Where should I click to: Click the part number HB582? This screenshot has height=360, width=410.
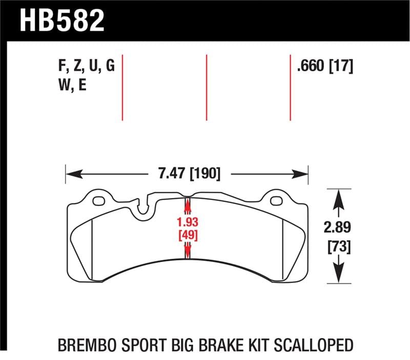tap(62, 20)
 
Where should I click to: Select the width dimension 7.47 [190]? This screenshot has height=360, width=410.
tap(187, 174)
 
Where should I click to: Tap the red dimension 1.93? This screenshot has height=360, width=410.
tap(187, 223)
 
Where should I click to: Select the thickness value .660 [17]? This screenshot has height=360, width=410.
tap(325, 67)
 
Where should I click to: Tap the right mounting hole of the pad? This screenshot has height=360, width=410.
tap(276, 200)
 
